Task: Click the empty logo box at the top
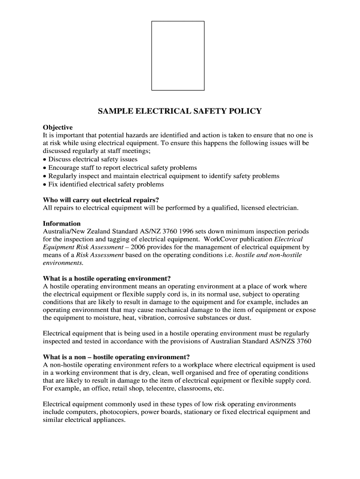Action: click(x=178, y=55)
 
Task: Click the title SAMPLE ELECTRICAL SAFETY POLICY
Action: click(x=180, y=111)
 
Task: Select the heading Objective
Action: click(x=58, y=127)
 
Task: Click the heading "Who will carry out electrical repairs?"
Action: click(x=101, y=199)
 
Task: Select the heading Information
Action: click(x=62, y=224)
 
